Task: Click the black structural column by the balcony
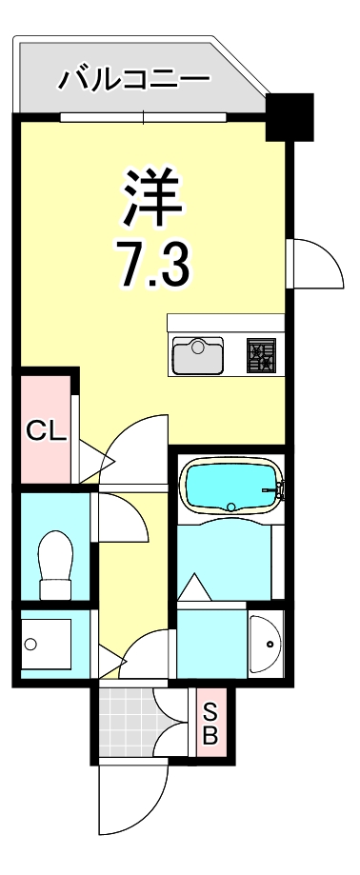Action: [x=290, y=116]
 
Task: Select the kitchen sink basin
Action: [x=198, y=356]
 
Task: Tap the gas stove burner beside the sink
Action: [x=261, y=355]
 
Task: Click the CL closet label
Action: [x=45, y=430]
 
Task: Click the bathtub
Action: [x=231, y=487]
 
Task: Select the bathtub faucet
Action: [x=278, y=492]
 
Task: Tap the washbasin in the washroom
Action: [x=266, y=645]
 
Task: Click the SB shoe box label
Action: [x=210, y=723]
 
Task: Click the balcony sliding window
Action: [x=144, y=118]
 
